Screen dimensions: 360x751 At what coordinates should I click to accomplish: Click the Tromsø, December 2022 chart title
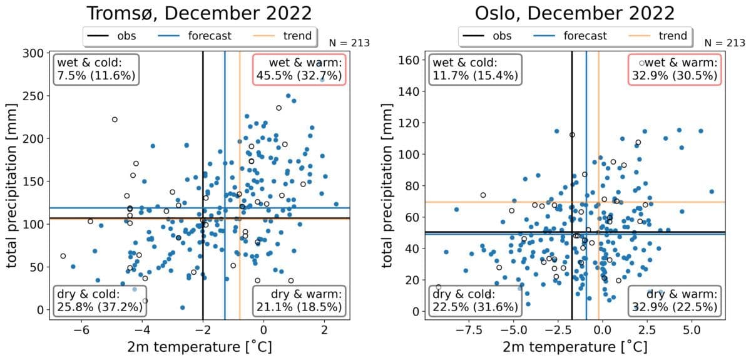coord(199,14)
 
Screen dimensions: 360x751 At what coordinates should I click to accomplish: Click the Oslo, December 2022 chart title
coord(575,14)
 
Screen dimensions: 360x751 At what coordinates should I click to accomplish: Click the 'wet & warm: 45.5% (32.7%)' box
coord(299,69)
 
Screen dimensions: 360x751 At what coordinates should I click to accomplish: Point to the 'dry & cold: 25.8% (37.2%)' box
coord(100,301)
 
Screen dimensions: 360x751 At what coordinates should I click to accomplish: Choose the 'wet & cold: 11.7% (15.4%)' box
coord(475,69)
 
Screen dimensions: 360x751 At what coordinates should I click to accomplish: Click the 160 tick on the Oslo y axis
coord(410,61)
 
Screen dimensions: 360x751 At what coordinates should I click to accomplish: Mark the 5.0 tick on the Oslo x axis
coord(691,330)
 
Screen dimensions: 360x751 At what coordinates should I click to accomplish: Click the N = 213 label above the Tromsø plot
coord(349,43)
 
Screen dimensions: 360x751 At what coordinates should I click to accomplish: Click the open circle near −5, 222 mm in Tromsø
coord(115,120)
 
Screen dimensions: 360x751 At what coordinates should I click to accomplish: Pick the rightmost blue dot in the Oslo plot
coord(712,192)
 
